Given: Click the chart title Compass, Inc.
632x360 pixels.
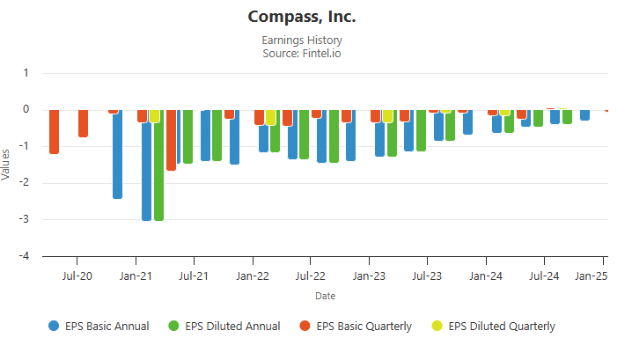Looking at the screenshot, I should click(x=302, y=18).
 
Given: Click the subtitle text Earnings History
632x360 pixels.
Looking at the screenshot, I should click(x=302, y=40).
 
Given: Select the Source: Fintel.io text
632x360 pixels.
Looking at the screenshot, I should click(x=302, y=54).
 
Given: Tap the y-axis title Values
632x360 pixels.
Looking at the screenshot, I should click(x=7, y=165).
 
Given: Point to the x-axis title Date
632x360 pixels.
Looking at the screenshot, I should click(x=325, y=296).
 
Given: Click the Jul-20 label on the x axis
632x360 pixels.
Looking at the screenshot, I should click(x=77, y=276).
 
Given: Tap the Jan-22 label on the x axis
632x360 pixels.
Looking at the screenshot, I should click(x=253, y=276).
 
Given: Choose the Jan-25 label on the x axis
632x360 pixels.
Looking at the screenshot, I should click(x=591, y=276).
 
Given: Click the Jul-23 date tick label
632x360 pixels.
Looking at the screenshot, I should click(x=427, y=276).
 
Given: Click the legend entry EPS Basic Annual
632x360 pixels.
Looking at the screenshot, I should click(x=99, y=326).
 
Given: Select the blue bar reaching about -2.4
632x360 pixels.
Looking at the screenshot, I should click(x=117, y=154).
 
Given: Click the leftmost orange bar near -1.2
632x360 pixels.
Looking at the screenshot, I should click(x=54, y=132).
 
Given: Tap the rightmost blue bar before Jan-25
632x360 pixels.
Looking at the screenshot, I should click(x=585, y=114).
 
